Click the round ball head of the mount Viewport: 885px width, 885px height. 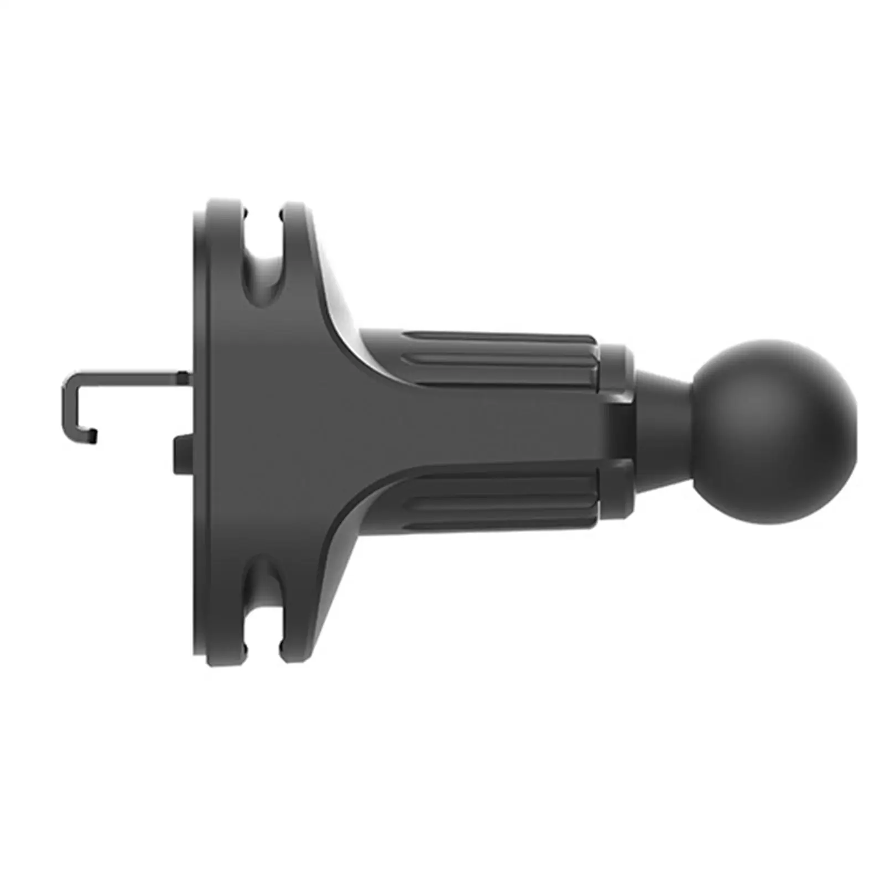tap(774, 431)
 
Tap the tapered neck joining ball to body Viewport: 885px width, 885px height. tap(661, 431)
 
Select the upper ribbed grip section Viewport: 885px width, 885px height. tap(498, 360)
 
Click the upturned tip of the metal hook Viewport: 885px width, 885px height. tap(93, 436)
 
